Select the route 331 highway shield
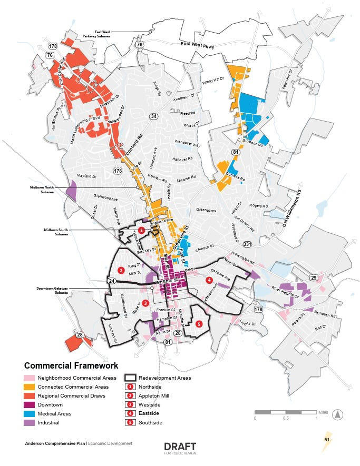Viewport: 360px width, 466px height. pyautogui.click(x=247, y=244)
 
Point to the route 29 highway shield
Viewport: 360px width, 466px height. pyautogui.click(x=314, y=277)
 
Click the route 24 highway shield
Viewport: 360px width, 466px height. pyautogui.click(x=112, y=281)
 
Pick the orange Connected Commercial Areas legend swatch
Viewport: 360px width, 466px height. pyautogui.click(x=29, y=387)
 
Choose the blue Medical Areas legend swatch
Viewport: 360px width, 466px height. pyautogui.click(x=29, y=413)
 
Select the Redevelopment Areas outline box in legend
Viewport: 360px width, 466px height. pyautogui.click(x=130, y=378)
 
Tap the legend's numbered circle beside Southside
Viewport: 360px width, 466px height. pyautogui.click(x=130, y=422)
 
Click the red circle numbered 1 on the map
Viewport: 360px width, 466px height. pyautogui.click(x=141, y=230)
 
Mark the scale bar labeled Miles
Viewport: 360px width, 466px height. pyautogui.click(x=286, y=412)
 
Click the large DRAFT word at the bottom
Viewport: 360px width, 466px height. pyautogui.click(x=180, y=447)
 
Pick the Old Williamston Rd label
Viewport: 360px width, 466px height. pyautogui.click(x=293, y=205)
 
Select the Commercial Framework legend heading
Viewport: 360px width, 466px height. pyautogui.click(x=71, y=365)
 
